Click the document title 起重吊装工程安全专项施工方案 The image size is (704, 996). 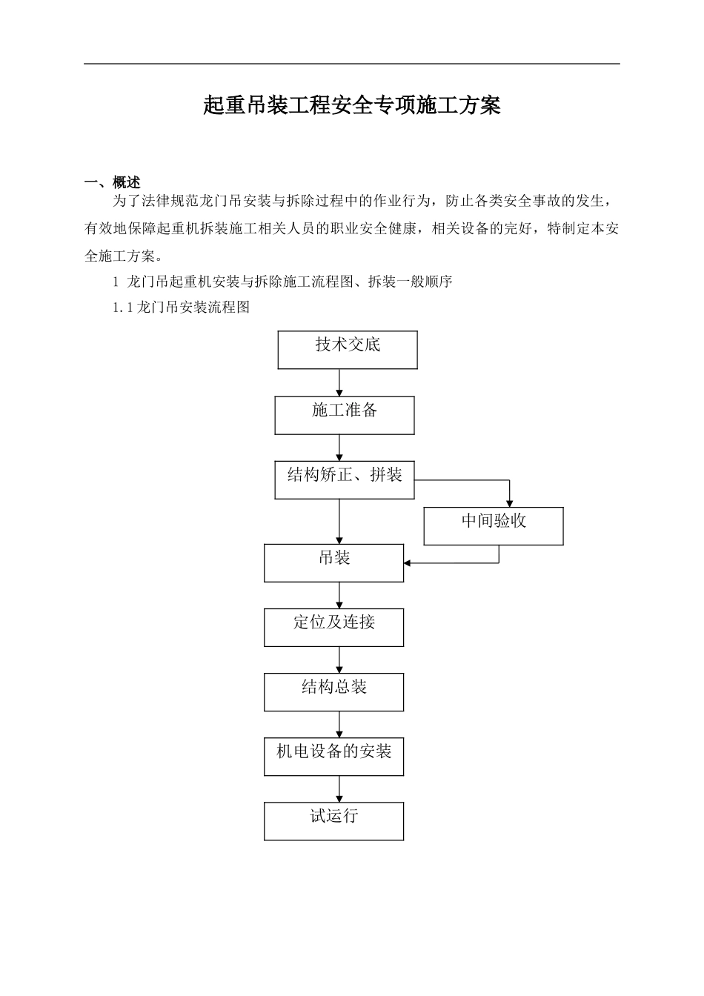coord(352,106)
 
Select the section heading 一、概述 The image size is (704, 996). coord(113,182)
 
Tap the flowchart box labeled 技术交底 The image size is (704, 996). coord(348,350)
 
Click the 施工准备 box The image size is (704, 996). coord(345,415)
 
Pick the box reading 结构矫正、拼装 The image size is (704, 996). coord(345,479)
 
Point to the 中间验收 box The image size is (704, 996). coord(494,525)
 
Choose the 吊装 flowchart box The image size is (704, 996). coord(334,562)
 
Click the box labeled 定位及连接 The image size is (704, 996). coord(334,627)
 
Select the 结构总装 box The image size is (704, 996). coord(334,692)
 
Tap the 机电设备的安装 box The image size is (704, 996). coord(334,757)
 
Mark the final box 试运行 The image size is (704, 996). coord(334,821)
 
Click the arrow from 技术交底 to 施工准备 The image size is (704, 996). coord(340,382)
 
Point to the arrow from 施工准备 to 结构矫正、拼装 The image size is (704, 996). coord(340,448)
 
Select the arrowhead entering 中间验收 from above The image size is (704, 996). coord(509,503)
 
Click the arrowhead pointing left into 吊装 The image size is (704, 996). coord(408,563)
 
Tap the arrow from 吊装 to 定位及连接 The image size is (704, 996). coord(340,595)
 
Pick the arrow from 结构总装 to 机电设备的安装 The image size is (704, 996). coord(340,725)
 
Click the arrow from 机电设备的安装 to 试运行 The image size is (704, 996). coord(340,789)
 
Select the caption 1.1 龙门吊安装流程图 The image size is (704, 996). coord(182,307)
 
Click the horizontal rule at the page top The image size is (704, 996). coord(352,64)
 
